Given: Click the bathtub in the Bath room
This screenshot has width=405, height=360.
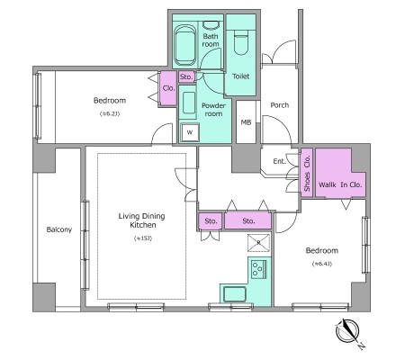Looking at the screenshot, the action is coord(185,45).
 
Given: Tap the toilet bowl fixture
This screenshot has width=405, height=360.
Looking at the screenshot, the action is coord(240,45).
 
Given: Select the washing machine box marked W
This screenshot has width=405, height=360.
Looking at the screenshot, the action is coord(190,132).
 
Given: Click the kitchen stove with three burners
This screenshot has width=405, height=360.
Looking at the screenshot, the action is coord(258,269).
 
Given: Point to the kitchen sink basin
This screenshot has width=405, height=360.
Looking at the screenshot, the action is coord(235,294).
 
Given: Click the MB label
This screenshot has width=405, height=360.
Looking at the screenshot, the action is coord(246,122).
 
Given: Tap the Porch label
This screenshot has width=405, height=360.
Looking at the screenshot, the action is coord(280,105).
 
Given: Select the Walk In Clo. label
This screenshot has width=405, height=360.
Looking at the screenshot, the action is coord(340,184).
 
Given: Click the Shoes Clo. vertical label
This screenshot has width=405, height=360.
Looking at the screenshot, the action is coord(307,174).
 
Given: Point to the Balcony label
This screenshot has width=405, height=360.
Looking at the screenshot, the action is coord(59,229).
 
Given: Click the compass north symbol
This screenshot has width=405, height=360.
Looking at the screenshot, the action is coord(348,331).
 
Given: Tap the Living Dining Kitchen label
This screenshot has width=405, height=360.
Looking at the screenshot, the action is coord(142,220).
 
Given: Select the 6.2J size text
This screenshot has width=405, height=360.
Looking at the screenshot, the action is coord(110,113).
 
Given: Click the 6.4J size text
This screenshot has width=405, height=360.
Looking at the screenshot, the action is coord(322,264).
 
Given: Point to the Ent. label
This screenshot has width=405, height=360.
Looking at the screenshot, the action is coord(279,161).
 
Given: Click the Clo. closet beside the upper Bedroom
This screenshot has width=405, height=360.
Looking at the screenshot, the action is coord(168,88).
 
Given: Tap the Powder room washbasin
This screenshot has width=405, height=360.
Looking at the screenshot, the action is coord(189,103).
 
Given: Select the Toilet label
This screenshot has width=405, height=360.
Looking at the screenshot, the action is coord(241,76).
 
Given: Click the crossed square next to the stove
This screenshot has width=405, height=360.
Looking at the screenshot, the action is coord(258,243).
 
